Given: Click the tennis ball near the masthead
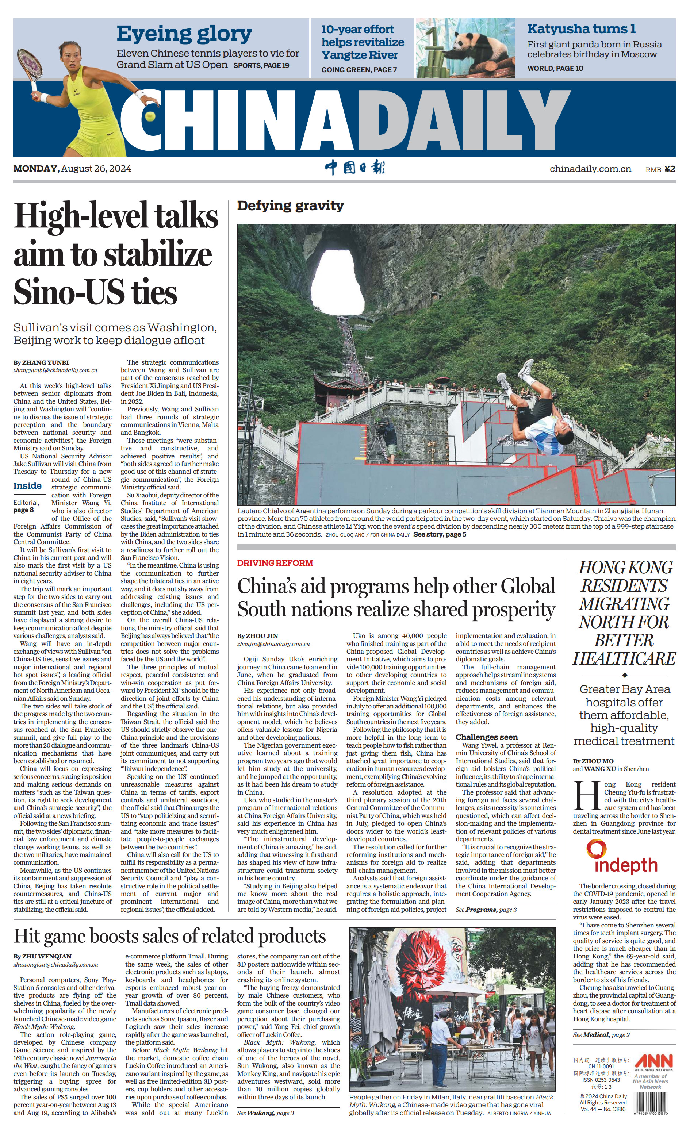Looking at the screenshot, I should pos(150,116).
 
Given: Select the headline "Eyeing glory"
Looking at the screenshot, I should pos(184,34).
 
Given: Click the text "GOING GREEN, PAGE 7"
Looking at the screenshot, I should pos(359,70).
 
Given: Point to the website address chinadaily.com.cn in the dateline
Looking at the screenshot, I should pos(590,169).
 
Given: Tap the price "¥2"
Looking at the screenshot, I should pos(669,169).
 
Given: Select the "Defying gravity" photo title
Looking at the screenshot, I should pos(290,205).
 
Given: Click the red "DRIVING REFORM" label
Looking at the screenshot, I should pos(275,563).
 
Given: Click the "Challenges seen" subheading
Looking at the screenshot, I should pos(486,737).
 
